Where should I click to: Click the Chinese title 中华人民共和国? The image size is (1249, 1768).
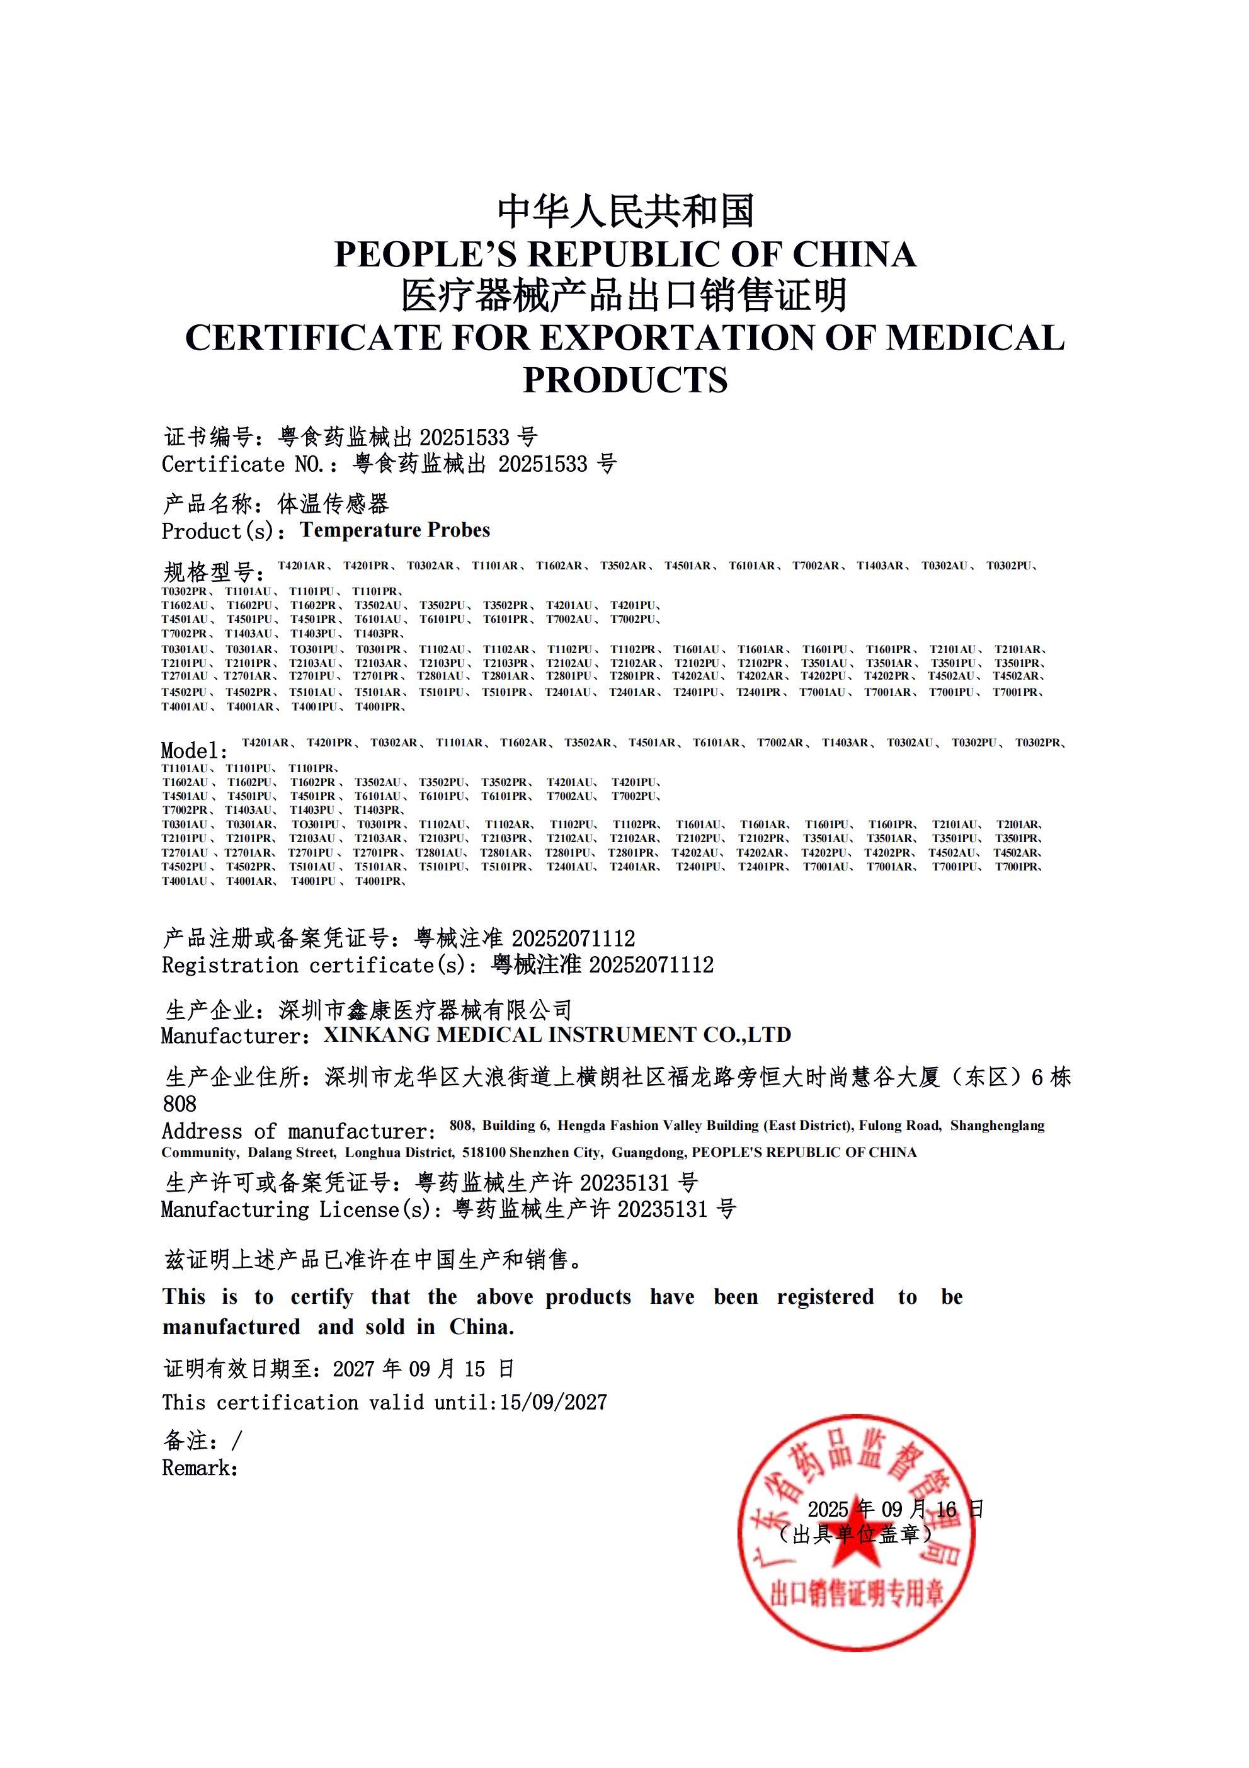pos(625,211)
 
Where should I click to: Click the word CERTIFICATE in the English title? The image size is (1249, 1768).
pos(312,338)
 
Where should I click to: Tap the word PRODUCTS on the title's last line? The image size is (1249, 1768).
pos(625,380)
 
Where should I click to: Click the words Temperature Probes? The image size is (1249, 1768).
pos(395,530)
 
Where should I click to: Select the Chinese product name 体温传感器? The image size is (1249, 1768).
pos(333,505)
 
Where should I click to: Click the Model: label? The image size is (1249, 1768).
pos(195,751)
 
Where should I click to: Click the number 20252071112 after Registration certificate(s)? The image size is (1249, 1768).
pos(651,965)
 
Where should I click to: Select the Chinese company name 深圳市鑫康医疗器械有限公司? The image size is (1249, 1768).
pos(425,1010)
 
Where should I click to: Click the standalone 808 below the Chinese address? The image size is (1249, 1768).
pos(180,1104)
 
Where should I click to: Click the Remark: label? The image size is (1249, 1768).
pos(200,1468)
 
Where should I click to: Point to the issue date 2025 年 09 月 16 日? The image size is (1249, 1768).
pos(895,1509)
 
